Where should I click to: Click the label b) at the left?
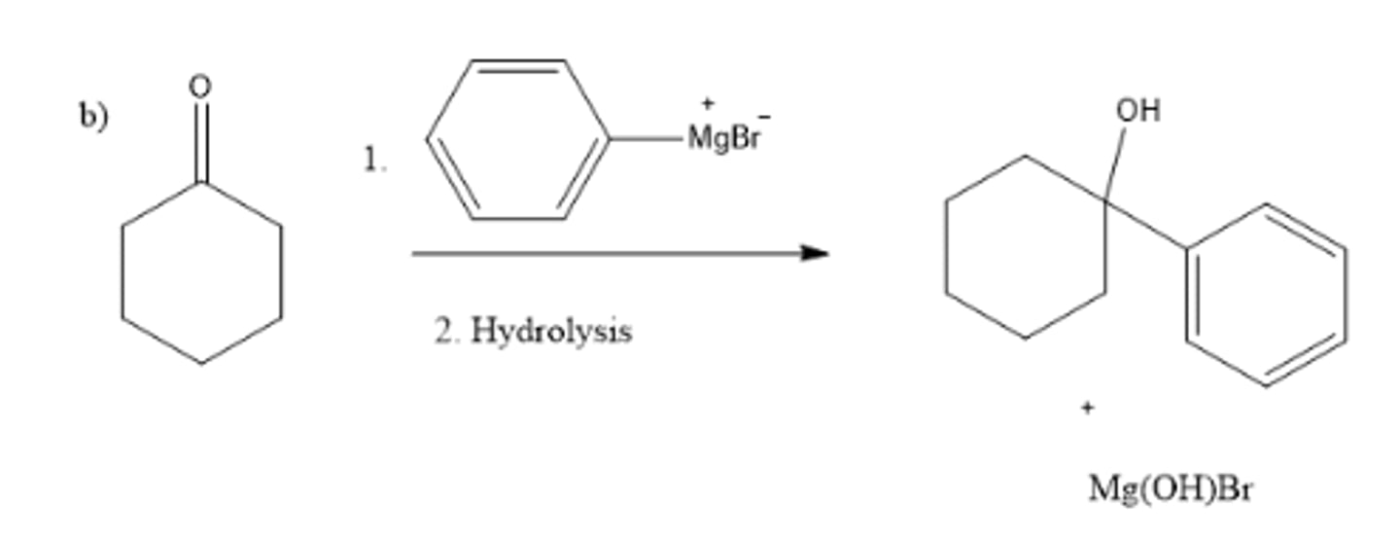coord(94,116)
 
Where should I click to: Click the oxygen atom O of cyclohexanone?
coord(199,87)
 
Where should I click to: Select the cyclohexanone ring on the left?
coord(201,272)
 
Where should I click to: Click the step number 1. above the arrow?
coord(374,161)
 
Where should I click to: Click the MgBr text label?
coord(722,138)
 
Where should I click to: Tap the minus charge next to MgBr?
coord(764,116)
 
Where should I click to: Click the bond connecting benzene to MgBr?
coord(647,139)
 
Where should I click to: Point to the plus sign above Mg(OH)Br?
coord(1087,408)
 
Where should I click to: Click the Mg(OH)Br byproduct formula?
coord(1170,487)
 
